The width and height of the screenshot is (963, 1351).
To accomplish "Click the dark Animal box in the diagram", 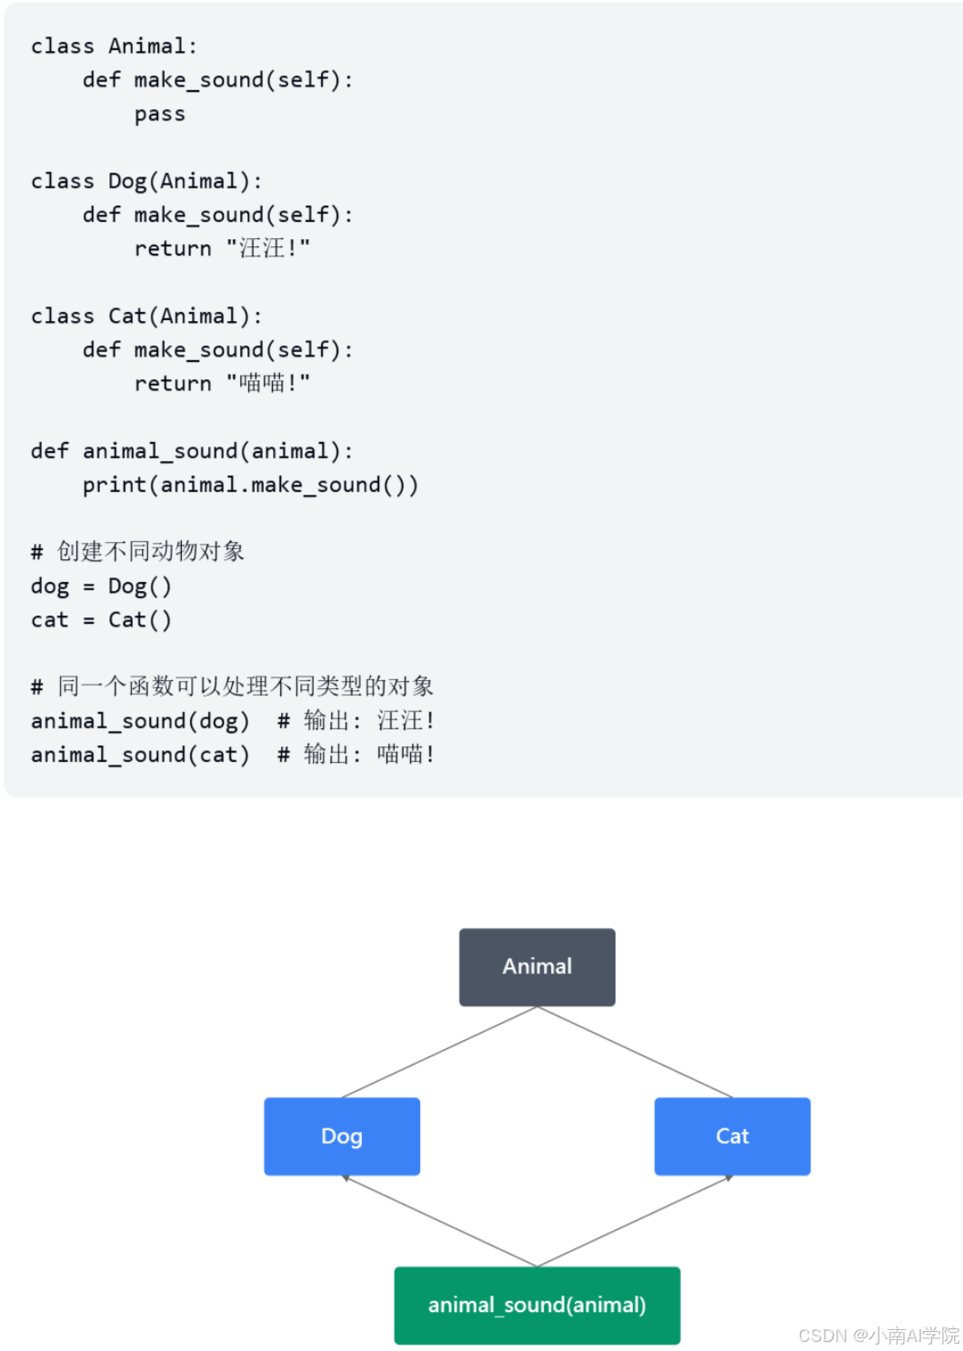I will click(x=537, y=966).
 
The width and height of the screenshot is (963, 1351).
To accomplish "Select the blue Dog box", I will click(x=342, y=1136).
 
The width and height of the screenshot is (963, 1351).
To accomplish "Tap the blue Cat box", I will click(x=732, y=1136).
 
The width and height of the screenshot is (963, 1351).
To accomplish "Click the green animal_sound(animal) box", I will click(x=537, y=1305).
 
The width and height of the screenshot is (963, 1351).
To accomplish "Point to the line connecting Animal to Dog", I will click(x=439, y=1052).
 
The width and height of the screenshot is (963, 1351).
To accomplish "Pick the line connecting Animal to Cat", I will click(x=635, y=1052).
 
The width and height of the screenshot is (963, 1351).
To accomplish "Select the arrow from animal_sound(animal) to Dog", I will click(x=439, y=1221).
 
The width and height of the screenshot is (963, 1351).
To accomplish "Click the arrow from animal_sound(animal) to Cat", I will click(x=635, y=1221).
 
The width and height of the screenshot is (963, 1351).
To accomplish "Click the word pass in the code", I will click(x=160, y=115).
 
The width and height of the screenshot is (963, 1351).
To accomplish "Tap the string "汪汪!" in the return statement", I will click(x=268, y=248).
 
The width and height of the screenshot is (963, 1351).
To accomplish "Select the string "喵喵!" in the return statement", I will click(x=268, y=383).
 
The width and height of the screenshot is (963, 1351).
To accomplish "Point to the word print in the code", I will click(x=115, y=485).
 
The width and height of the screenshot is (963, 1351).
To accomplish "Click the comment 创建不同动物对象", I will click(x=151, y=551).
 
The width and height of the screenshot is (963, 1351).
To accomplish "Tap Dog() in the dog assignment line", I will click(x=139, y=585).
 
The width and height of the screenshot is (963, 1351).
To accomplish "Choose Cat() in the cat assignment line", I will click(x=139, y=620).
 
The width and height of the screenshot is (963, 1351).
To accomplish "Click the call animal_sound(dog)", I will click(x=140, y=721).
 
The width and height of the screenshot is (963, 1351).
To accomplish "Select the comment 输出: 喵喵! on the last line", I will click(x=369, y=755).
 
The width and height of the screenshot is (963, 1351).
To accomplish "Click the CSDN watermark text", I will click(x=878, y=1335).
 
